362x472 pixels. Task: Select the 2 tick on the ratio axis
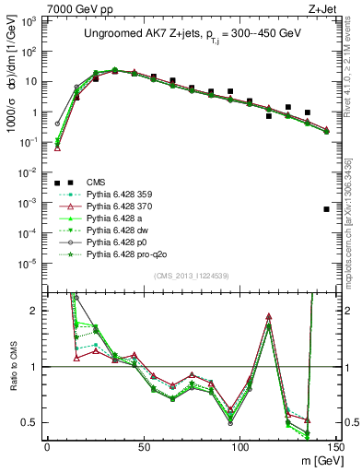point(32,311)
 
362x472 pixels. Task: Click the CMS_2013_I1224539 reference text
point(192,274)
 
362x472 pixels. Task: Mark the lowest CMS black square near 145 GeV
point(327,209)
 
